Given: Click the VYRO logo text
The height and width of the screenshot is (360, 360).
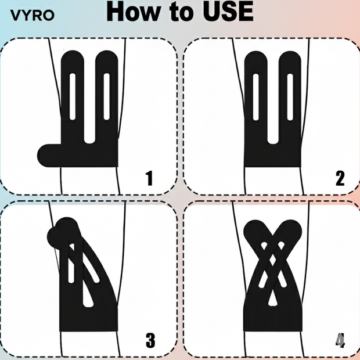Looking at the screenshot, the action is click(33, 16).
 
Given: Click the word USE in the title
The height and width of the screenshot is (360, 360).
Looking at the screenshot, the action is click(228, 12).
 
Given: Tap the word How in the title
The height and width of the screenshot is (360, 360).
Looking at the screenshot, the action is click(134, 12).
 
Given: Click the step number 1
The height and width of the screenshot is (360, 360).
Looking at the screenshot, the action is click(149, 178).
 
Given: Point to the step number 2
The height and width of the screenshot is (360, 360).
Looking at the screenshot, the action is click(340, 178).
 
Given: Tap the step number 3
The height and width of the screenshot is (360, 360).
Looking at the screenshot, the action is click(150, 340).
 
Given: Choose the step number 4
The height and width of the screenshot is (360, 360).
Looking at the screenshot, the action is click(340, 341).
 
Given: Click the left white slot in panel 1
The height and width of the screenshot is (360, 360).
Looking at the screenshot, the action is click(73, 96).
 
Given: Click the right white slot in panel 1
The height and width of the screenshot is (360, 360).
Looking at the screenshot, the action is click(106, 96).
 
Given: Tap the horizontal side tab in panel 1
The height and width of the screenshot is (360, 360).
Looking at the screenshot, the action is click(49, 156).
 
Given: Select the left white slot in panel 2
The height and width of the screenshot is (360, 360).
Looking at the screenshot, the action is click(255, 97).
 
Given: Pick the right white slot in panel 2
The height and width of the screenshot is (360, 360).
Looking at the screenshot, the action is click(290, 97).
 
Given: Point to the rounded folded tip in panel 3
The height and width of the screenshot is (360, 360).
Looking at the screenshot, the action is click(63, 232).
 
